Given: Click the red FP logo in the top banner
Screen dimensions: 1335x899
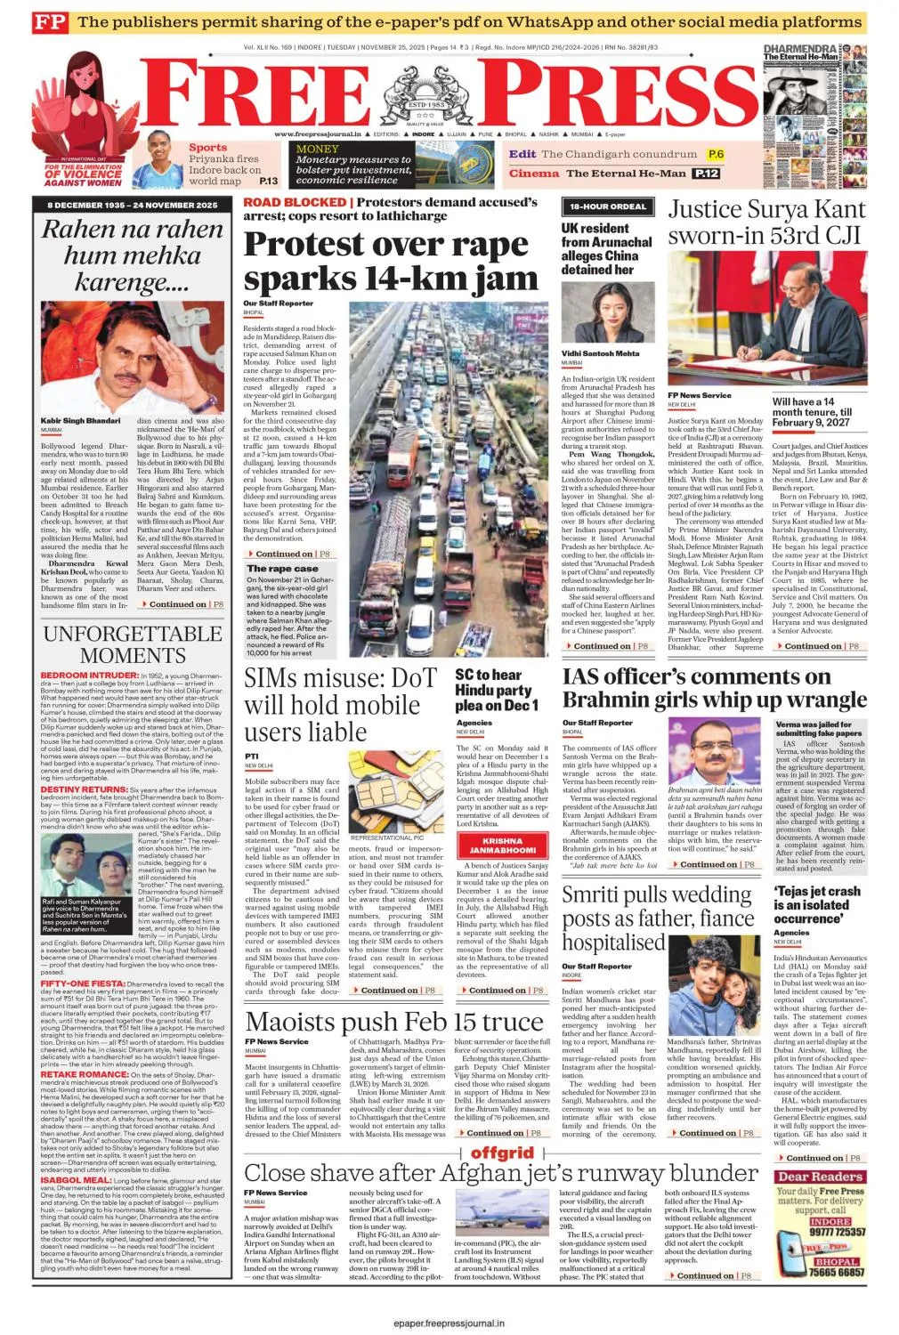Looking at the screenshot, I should (x=49, y=22).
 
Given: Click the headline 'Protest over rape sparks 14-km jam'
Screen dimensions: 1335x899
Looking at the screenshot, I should (x=391, y=262).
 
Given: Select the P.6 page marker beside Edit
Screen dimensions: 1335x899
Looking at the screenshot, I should (x=716, y=154).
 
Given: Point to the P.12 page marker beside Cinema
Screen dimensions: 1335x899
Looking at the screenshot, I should (x=707, y=174).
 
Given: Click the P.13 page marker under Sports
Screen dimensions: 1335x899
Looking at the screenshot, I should (x=268, y=181).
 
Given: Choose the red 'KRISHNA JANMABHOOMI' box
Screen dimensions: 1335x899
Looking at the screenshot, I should (x=502, y=845).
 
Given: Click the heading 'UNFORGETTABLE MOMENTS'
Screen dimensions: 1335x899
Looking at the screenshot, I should (x=133, y=644).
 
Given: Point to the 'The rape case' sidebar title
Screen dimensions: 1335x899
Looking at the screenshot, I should (x=282, y=568).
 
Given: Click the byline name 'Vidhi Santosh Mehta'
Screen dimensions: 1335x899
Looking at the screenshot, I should (x=600, y=353).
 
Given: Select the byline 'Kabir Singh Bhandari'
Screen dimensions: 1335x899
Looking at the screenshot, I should (x=80, y=420).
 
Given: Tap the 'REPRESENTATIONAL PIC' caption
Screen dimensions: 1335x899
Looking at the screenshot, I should (x=386, y=837).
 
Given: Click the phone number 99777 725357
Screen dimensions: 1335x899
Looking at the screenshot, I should (x=837, y=1232).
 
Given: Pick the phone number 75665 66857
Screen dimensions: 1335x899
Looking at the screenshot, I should (x=837, y=1273).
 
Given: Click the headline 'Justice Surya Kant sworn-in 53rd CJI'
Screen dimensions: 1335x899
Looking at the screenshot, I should (x=765, y=222).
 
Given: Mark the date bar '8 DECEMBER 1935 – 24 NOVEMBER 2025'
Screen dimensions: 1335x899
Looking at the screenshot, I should (x=132, y=206).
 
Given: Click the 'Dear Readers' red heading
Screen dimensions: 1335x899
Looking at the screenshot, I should (x=820, y=1177).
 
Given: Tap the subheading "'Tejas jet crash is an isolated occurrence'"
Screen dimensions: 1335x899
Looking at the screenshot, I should (x=816, y=904).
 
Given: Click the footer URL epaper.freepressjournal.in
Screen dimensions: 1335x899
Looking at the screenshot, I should (x=449, y=1323).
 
